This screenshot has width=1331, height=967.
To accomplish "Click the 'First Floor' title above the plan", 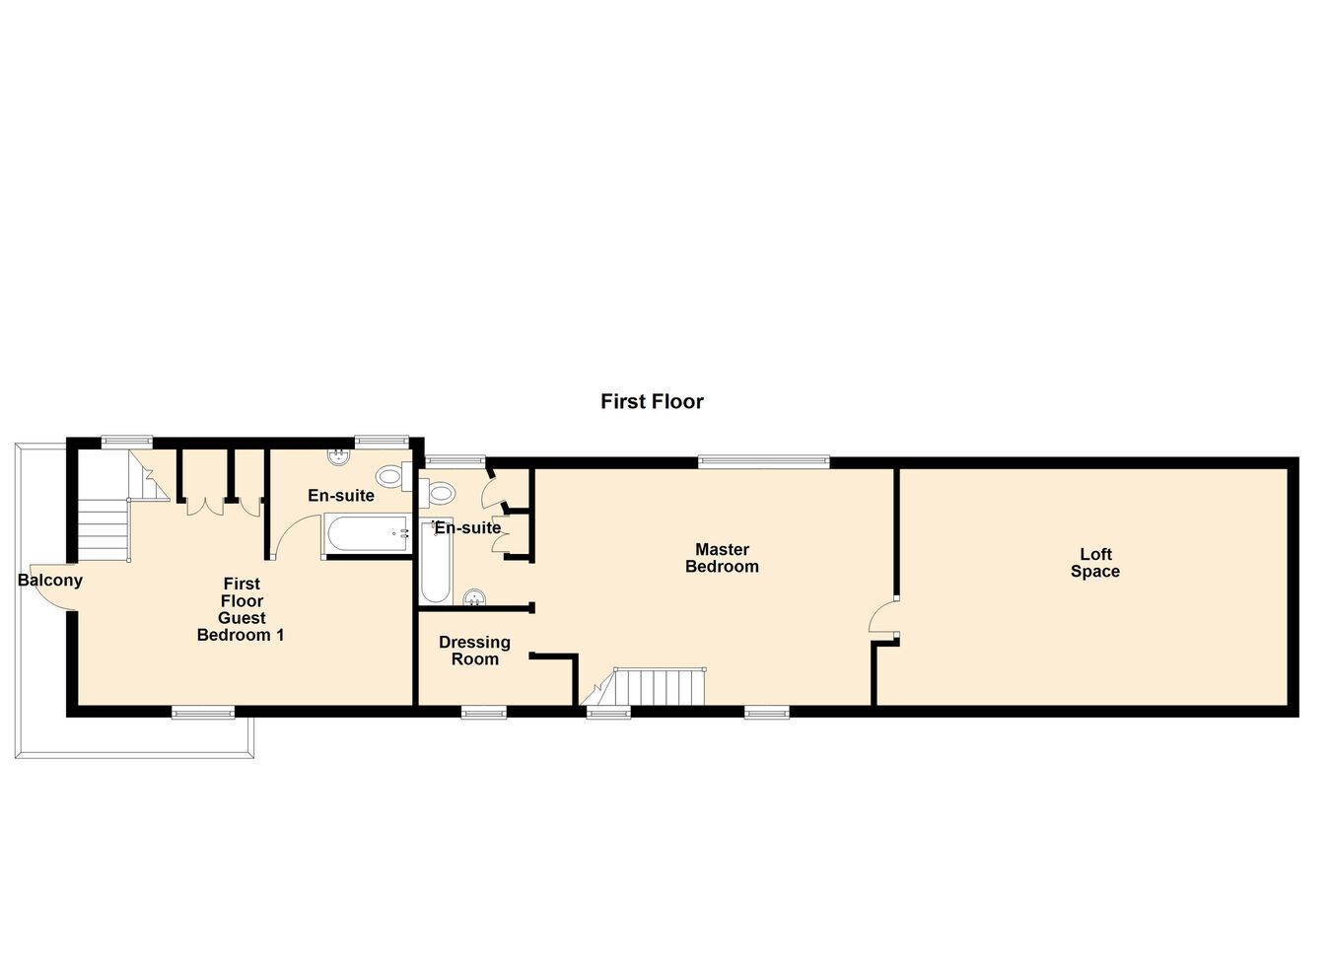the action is tap(652, 401).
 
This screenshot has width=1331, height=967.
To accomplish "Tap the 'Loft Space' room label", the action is tap(1095, 563).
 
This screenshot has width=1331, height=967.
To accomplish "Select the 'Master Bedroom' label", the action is tap(722, 558).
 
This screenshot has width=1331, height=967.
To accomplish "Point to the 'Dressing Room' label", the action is tap(474, 651).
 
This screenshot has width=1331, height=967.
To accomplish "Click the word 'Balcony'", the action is tap(50, 581).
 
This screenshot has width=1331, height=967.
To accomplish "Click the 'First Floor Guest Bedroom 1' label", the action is tap(241, 609).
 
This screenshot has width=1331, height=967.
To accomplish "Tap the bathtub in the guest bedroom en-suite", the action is tap(368, 533).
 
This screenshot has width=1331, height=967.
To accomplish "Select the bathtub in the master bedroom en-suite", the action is tap(436, 561).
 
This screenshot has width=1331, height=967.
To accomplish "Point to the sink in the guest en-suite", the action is tap(338, 456).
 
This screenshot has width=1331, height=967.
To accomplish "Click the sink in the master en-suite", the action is tap(474, 597).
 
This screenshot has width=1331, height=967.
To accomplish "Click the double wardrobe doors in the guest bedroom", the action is tap(205, 507).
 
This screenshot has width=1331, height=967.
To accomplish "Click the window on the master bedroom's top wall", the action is tap(763, 462).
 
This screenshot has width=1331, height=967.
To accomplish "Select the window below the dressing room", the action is tap(484, 712).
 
